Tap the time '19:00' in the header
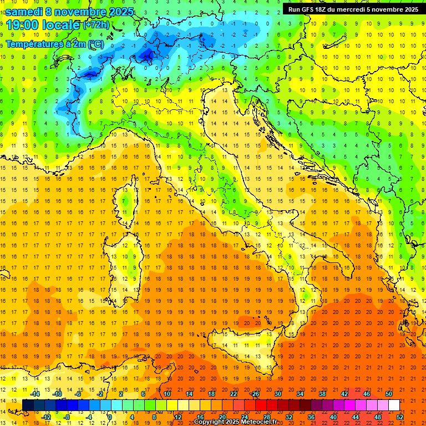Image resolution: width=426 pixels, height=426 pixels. [21, 24]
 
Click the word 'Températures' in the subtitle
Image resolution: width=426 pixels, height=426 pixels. [35, 43]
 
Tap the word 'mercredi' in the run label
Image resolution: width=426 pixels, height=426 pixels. [353, 9]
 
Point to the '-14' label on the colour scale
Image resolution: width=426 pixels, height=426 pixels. [34, 394]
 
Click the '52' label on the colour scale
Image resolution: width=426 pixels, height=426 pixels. [400, 417]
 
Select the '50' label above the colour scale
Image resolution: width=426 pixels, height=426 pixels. [389, 394]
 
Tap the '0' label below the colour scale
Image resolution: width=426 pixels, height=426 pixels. [110, 417]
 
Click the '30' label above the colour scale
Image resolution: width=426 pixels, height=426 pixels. [277, 394]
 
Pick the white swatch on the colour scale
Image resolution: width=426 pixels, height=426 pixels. [394, 405]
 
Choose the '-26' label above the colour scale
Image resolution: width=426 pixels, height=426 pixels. [255, 394]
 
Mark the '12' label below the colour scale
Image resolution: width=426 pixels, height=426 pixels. [177, 417]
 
